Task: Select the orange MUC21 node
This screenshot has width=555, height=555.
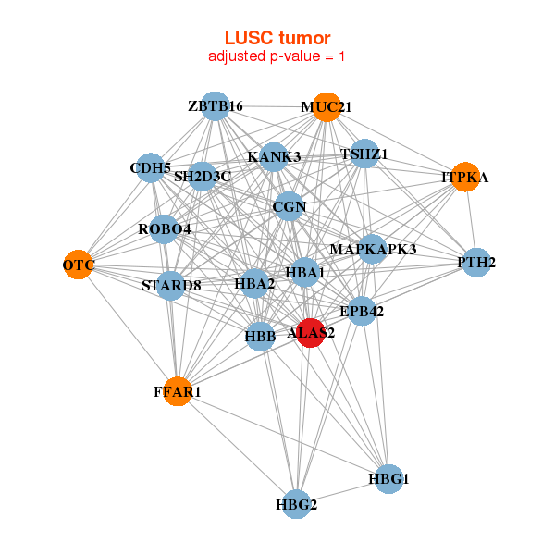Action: (x=325, y=107)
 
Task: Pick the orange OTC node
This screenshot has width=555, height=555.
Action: (x=79, y=265)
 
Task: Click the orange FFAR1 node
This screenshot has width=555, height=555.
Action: (x=177, y=392)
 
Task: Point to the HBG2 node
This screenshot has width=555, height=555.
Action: (x=296, y=504)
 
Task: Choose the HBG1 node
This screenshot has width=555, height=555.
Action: (x=388, y=479)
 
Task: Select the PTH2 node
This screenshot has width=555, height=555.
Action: (x=475, y=263)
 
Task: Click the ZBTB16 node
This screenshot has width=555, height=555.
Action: (x=215, y=106)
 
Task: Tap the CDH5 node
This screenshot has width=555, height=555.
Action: (x=150, y=168)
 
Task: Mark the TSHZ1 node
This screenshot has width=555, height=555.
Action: (x=364, y=154)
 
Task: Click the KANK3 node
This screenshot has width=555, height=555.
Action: (x=274, y=157)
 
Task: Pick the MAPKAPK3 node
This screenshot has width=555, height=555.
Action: (x=372, y=249)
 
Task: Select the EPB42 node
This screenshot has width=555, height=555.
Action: (x=361, y=312)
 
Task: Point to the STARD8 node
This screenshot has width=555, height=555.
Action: (x=171, y=285)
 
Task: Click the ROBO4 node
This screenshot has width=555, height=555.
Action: (x=166, y=228)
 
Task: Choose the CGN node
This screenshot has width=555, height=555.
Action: (x=290, y=207)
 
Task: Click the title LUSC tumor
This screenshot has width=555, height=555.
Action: (x=277, y=37)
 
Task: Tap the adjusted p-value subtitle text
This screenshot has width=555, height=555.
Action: (x=277, y=56)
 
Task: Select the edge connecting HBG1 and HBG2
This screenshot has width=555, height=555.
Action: (x=342, y=491)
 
